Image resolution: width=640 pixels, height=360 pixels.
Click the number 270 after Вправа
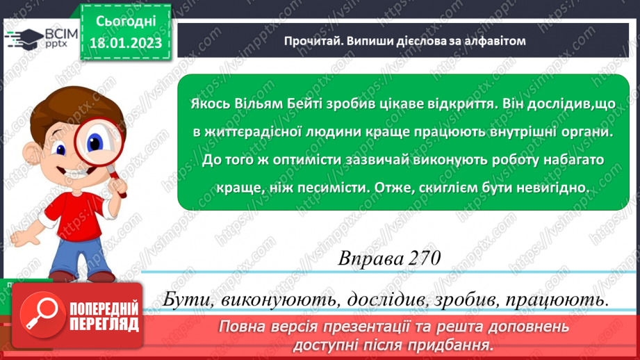[422, 259]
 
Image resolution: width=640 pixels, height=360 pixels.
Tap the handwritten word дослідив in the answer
[383, 300]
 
